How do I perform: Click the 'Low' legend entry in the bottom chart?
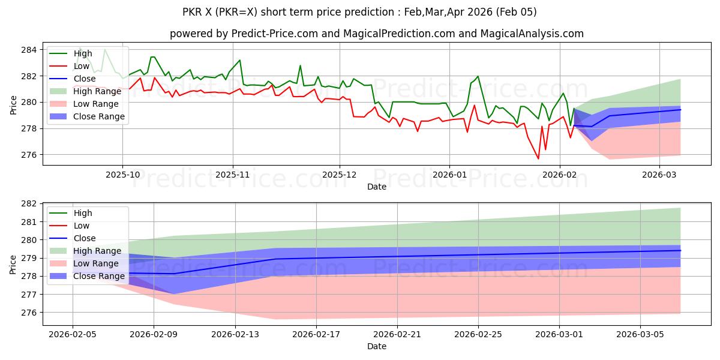coord(82,226)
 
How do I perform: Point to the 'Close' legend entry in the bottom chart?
coord(84,238)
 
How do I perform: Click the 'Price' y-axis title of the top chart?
coord(13,103)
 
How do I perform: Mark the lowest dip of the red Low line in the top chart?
coord(538,158)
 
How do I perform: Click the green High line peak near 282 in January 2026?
coord(478,76)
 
